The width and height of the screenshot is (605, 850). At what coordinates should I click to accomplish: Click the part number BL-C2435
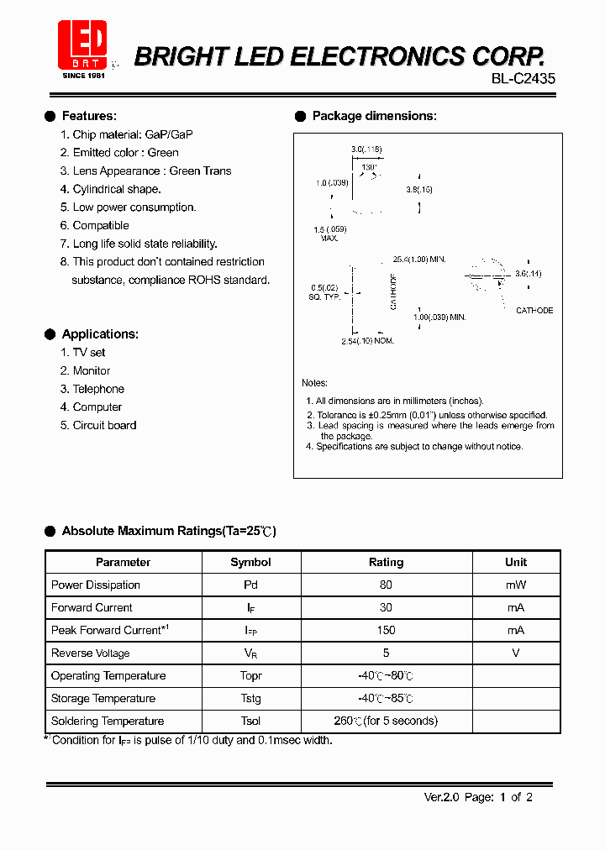523,78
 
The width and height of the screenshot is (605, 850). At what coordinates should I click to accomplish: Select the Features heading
89,116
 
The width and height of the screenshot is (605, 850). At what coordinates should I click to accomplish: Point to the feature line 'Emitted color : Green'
118,153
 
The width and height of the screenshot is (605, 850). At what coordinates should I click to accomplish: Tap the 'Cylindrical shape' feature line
116,189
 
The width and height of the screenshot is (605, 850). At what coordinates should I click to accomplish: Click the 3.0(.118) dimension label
366,150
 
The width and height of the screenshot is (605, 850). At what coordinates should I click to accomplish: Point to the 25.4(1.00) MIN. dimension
418,260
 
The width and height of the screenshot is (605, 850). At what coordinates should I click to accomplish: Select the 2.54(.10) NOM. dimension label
367,340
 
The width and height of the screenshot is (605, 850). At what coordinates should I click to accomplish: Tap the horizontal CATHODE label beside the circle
534,311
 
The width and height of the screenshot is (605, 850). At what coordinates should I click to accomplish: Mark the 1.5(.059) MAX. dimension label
329,233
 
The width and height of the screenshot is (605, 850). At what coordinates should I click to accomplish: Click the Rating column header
387,562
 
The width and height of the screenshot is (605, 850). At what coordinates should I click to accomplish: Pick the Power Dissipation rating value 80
387,585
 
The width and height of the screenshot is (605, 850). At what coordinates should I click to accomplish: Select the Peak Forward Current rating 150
387,630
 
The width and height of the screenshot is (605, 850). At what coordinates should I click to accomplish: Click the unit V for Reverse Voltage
516,653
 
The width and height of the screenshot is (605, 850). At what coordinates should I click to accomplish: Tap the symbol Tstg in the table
250,698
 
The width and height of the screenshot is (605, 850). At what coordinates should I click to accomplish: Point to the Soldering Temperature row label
108,721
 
